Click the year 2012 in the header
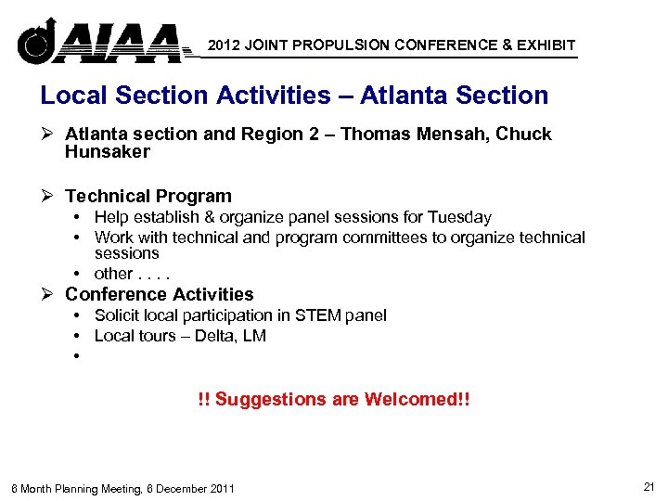coord(225,45)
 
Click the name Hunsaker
coord(107,152)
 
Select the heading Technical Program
coord(148,196)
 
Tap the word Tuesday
coord(459,217)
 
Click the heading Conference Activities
coord(160,294)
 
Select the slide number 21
coord(648,487)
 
